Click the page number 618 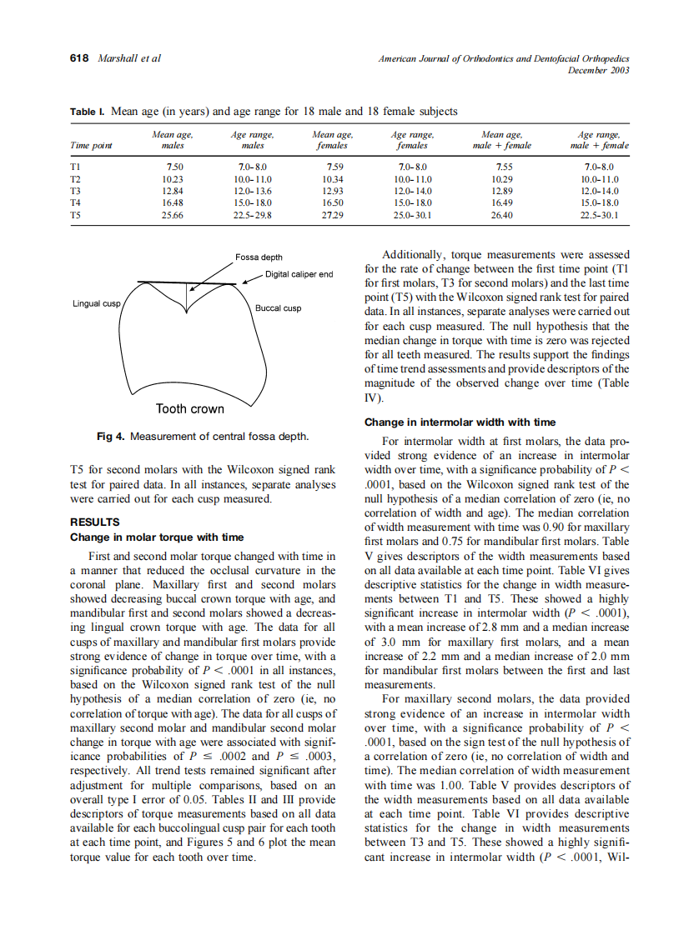(79, 58)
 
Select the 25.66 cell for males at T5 (173, 214)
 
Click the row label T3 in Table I (74, 191)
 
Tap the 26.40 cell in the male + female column (502, 214)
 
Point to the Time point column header (91, 145)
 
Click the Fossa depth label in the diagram (258, 257)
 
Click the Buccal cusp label (279, 308)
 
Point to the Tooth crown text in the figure (190, 408)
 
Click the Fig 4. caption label (112, 437)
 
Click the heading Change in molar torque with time (157, 537)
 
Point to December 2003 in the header (598, 70)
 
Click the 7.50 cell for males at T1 (173, 167)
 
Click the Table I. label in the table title (88, 111)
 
